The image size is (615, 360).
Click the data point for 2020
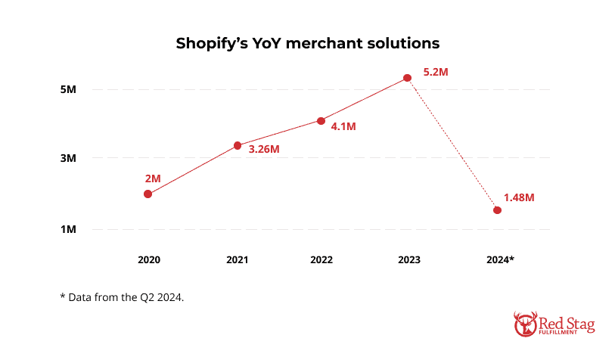148,194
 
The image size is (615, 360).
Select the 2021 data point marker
237,145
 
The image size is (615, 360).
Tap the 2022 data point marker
321,121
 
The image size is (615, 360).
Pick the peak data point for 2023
407,78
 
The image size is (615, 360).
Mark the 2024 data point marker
497,209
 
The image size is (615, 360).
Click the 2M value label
153,178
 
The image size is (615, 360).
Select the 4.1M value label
343,126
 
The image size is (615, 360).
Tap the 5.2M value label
436,72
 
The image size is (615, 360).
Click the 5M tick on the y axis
68,89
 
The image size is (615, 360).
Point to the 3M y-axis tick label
68,159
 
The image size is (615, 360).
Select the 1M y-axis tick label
68,229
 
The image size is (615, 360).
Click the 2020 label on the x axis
148,259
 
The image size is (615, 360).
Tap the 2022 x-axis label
321,259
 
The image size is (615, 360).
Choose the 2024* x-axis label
499,259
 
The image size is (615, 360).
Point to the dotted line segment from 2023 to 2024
452,144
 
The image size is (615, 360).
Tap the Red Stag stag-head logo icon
525,323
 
